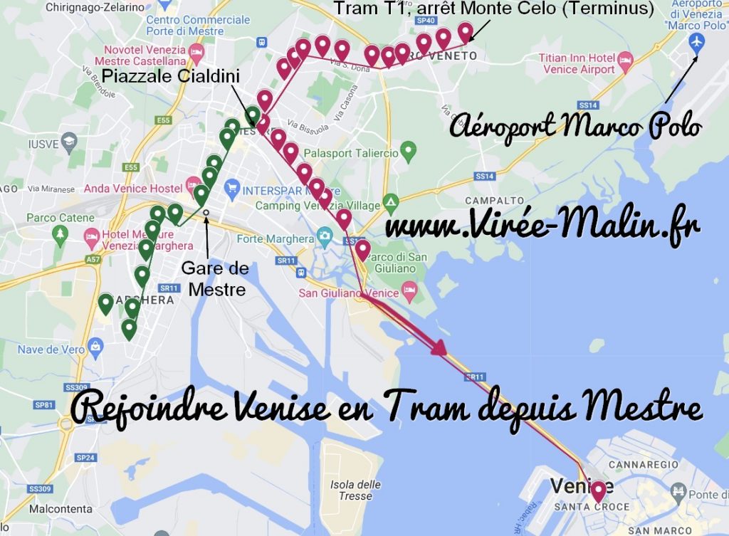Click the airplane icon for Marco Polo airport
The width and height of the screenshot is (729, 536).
coord(697,42)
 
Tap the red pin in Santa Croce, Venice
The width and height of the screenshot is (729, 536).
coord(598,490)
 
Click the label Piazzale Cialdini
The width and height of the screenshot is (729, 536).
coord(170,76)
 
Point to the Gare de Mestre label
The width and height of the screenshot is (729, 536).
coord(214,278)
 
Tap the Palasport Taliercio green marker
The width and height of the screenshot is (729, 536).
coord(408,150)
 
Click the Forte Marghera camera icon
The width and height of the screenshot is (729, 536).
coord(325,236)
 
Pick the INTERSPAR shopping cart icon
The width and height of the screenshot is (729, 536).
coord(231,189)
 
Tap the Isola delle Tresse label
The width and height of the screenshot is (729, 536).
coord(355,490)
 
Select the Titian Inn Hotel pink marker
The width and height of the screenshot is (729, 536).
coord(625,59)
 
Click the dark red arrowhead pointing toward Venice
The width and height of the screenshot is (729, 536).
coord(438,347)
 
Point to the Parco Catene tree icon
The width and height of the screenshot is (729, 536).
coord(60,233)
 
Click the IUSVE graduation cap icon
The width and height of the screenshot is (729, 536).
coord(68,143)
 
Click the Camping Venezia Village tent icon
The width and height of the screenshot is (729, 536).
coord(389,201)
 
